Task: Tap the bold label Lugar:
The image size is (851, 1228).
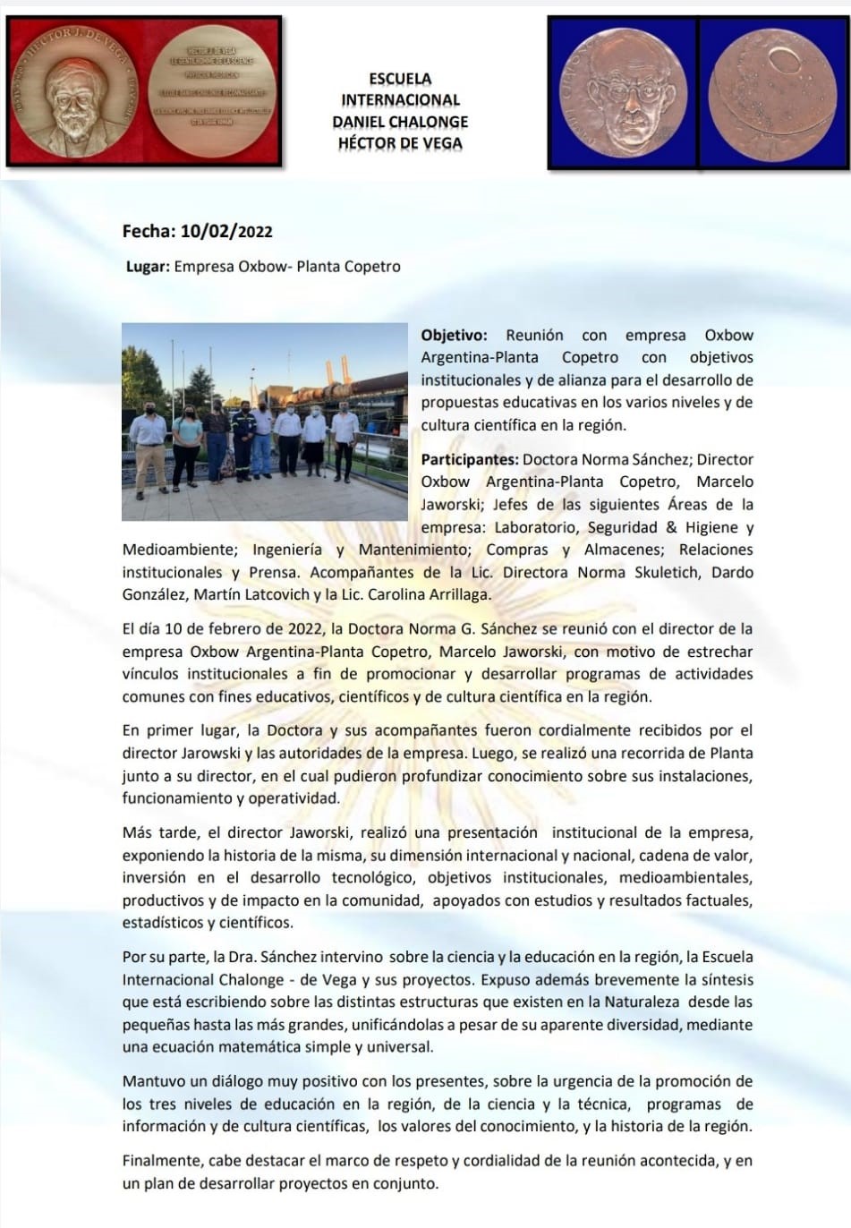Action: pyautogui.click(x=148, y=267)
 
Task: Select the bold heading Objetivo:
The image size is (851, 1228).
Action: pyautogui.click(x=454, y=336)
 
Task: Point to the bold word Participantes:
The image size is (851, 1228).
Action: pyautogui.click(x=469, y=460)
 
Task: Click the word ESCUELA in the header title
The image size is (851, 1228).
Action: pyautogui.click(x=399, y=79)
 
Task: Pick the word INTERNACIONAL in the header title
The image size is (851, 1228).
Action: pyautogui.click(x=399, y=100)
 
